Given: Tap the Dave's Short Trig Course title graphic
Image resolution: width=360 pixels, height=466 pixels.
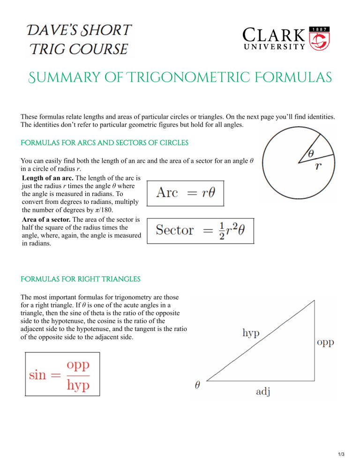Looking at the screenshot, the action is point(79,39).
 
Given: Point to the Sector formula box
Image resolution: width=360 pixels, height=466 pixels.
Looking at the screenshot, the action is point(200,230).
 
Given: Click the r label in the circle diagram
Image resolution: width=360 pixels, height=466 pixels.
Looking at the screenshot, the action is point(319,167).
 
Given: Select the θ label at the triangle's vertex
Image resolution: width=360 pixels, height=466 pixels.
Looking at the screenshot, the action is point(197,386).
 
